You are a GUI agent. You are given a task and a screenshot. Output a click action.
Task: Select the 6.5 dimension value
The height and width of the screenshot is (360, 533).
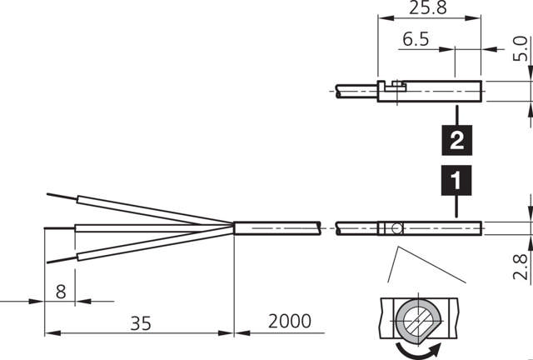417,39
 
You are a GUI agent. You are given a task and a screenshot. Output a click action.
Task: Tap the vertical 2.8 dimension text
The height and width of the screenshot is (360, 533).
520,267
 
